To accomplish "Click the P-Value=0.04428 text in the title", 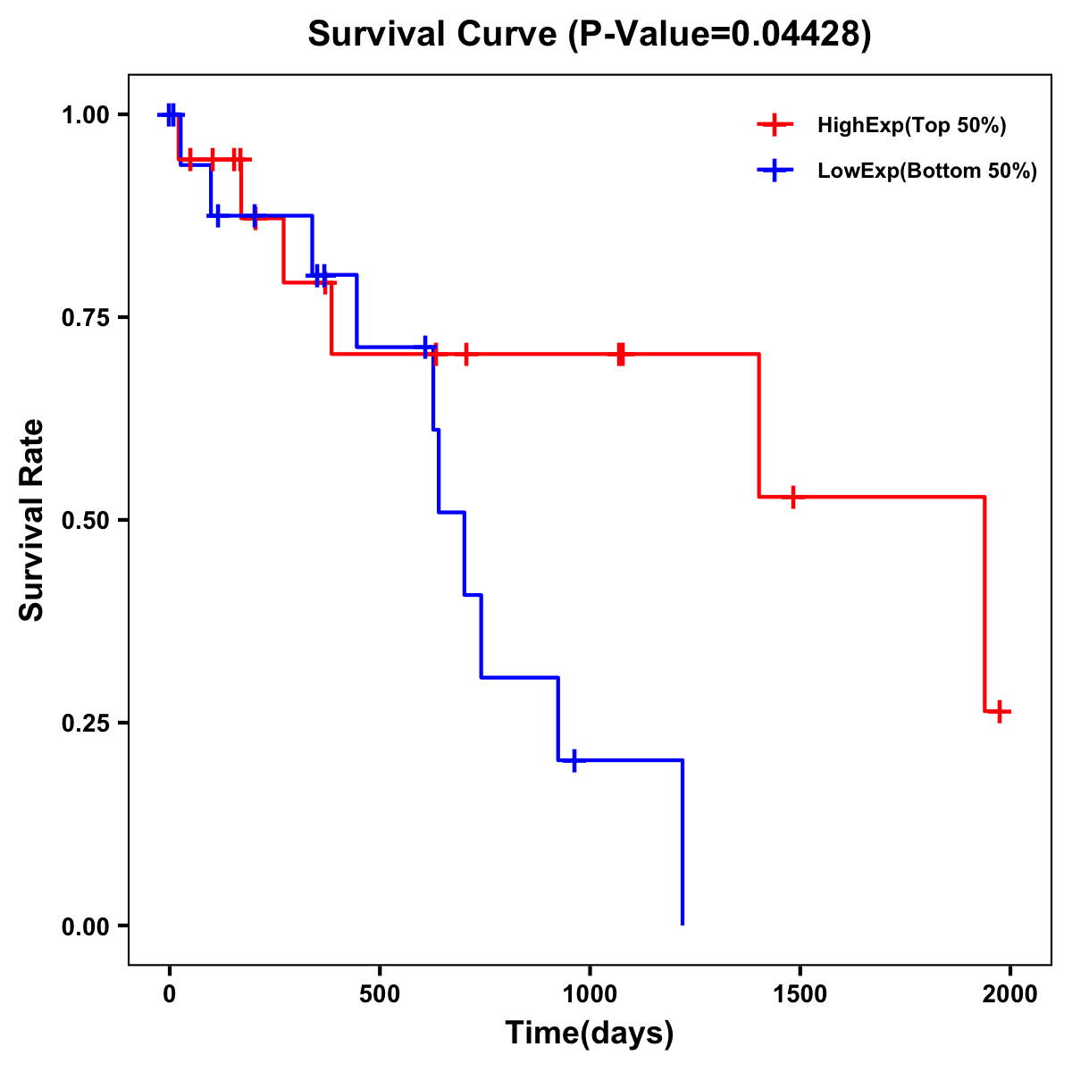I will pyautogui.click(x=723, y=34).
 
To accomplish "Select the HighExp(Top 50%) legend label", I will pyautogui.click(x=911, y=126).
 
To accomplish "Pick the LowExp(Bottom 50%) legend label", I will pyautogui.click(x=927, y=172).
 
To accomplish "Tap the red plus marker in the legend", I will pyautogui.click(x=775, y=126).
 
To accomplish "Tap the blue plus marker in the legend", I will pyautogui.click(x=775, y=172).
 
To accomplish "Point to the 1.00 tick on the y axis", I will pyautogui.click(x=85, y=114).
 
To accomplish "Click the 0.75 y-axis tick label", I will pyautogui.click(x=85, y=317).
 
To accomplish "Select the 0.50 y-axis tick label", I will pyautogui.click(x=85, y=520).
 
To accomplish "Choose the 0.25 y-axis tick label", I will pyautogui.click(x=85, y=723).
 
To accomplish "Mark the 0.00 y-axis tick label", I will pyautogui.click(x=85, y=925).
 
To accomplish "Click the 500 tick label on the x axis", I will pyautogui.click(x=380, y=994).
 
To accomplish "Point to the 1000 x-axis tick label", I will pyautogui.click(x=590, y=994).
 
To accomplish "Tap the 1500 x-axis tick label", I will pyautogui.click(x=800, y=994).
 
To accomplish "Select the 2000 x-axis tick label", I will pyautogui.click(x=1010, y=994).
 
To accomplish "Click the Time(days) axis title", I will pyautogui.click(x=590, y=1034).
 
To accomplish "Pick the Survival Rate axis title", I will pyautogui.click(x=32, y=520).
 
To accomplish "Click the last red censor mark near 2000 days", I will pyautogui.click(x=1000, y=712).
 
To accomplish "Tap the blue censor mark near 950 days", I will pyautogui.click(x=574, y=760).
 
